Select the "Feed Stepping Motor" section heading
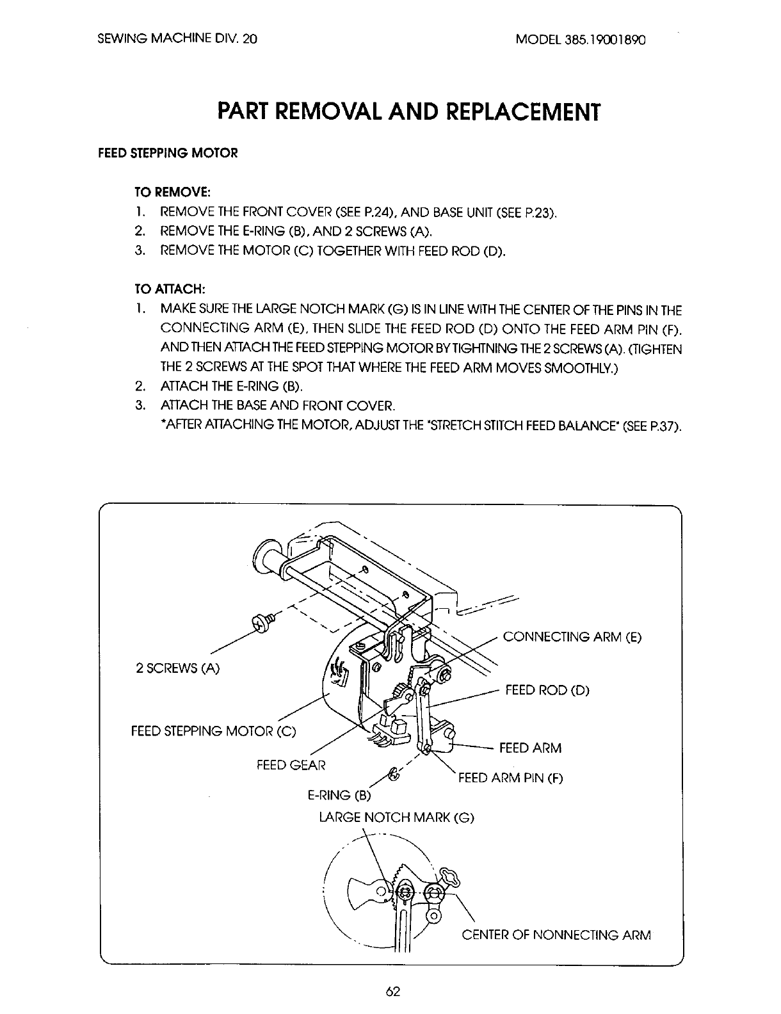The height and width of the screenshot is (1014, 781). pos(167,154)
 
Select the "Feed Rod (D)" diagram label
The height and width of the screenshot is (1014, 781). pos(547,690)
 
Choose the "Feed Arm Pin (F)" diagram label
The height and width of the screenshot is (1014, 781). pos(510,778)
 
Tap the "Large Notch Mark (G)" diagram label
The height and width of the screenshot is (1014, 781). pos(397,817)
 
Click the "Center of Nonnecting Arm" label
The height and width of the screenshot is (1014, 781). pos(556,935)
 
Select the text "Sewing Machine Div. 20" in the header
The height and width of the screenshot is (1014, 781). pos(178,38)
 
